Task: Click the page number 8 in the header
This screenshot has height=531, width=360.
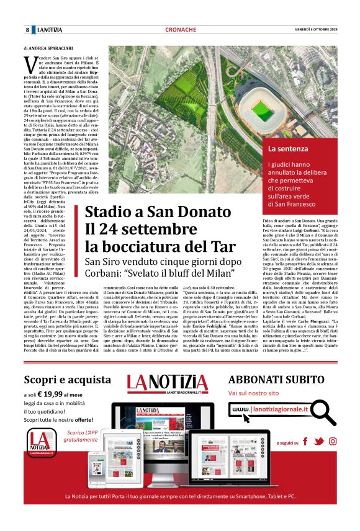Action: [x=27, y=30]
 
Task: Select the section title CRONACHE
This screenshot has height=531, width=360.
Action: [x=181, y=30]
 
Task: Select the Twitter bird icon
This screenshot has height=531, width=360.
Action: [x=318, y=441]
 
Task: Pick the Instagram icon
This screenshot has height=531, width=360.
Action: [x=333, y=441]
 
